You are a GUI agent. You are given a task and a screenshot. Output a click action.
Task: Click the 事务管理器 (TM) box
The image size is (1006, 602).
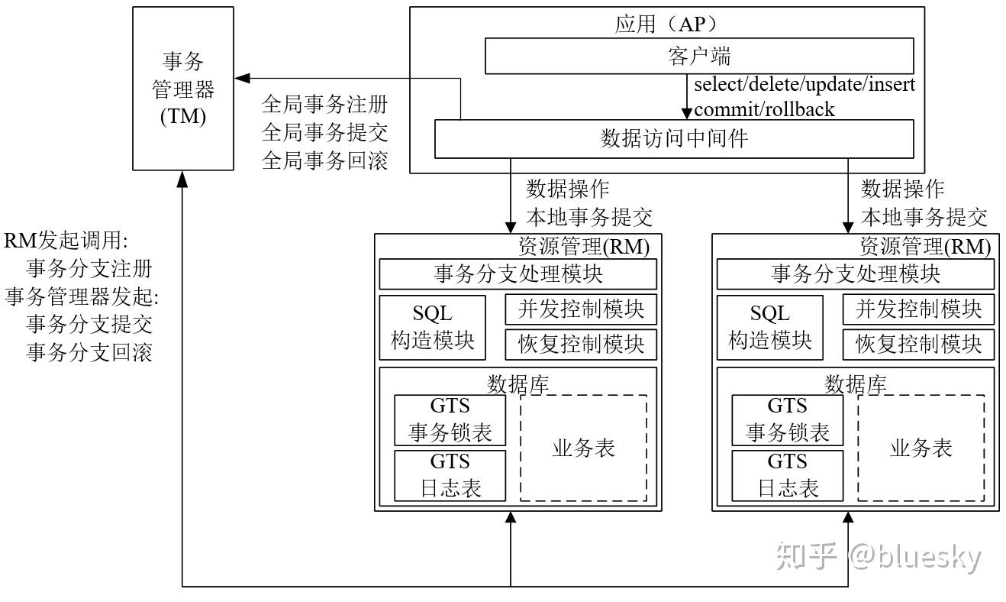tap(183, 88)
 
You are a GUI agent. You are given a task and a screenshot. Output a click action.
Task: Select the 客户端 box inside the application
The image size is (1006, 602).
tap(698, 56)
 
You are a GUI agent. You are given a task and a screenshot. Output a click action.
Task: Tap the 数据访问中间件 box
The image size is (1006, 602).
tap(674, 138)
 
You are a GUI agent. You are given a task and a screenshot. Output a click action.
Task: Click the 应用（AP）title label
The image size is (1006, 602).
tap(666, 23)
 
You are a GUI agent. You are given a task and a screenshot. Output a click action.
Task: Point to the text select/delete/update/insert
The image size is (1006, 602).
tap(804, 83)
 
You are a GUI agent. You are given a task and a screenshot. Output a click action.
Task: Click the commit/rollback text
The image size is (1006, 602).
tap(764, 109)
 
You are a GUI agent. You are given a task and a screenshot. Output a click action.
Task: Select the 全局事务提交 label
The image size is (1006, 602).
tap(325, 132)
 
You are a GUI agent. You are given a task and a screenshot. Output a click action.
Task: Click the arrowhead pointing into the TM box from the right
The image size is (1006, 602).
tap(241, 77)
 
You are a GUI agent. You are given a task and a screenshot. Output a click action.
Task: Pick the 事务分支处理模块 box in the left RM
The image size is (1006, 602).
tap(518, 273)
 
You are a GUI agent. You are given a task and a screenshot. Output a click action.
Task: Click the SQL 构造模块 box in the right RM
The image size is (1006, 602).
tap(770, 327)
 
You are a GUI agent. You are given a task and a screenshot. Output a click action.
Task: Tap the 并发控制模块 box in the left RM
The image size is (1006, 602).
tap(581, 309)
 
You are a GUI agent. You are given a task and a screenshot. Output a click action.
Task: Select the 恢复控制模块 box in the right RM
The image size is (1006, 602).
tap(918, 344)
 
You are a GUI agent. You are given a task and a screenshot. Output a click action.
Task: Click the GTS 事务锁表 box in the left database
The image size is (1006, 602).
tap(450, 420)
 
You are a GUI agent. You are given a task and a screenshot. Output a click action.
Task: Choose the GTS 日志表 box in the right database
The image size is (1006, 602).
tap(787, 475)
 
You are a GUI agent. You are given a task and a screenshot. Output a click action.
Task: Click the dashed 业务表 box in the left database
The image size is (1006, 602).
tap(583, 448)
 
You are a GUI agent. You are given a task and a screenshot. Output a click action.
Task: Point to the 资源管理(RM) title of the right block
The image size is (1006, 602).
tap(925, 246)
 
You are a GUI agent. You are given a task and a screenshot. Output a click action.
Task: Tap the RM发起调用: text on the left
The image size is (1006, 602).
tap(67, 241)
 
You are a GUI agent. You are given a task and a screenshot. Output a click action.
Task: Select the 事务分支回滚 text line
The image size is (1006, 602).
tap(89, 352)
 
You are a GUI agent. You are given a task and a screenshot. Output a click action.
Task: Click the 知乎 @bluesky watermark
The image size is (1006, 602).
tap(878, 557)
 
